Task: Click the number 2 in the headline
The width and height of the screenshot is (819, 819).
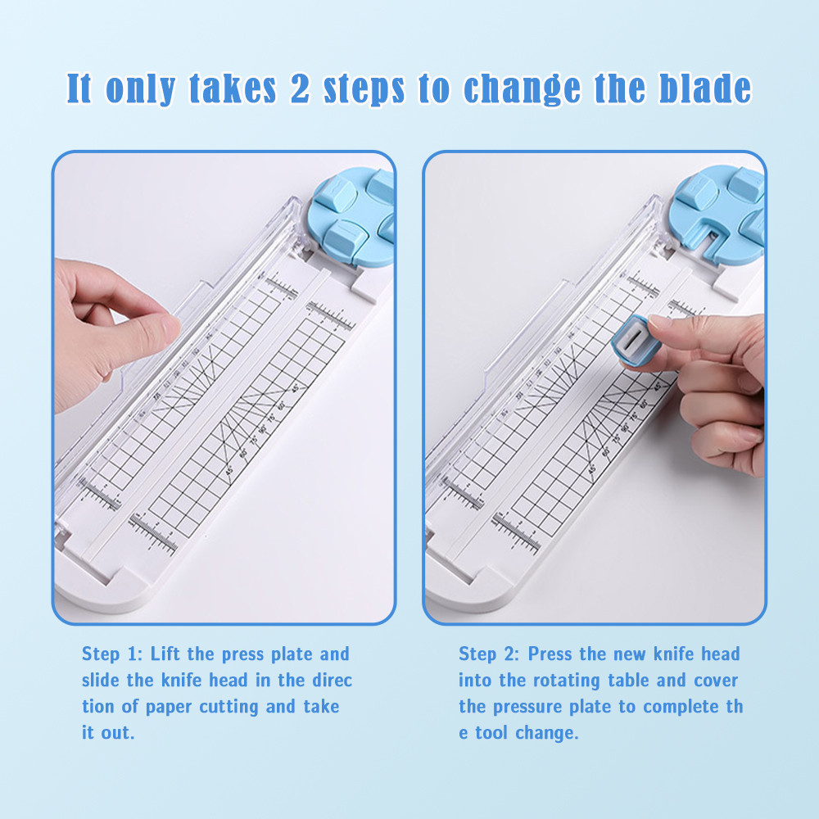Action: pos(300,88)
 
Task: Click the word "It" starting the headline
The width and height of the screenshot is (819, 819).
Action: pos(79,88)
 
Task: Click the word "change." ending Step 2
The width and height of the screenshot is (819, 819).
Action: pos(547,733)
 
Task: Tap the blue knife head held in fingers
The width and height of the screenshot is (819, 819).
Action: pos(634,341)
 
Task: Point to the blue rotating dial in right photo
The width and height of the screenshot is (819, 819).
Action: pos(717,214)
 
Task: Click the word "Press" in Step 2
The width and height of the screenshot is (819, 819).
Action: pos(551,654)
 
